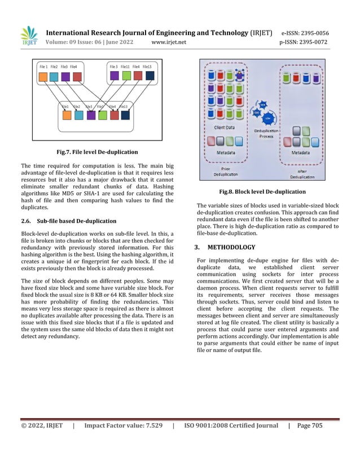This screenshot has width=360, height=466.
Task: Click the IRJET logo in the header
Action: (29, 36)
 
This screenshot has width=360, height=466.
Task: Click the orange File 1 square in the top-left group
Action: (43, 76)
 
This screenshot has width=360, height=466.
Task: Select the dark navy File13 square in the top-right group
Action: (150, 76)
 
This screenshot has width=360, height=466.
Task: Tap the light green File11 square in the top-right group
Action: (126, 76)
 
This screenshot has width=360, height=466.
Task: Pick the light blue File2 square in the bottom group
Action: (78, 115)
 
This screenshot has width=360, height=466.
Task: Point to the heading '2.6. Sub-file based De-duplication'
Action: (68, 221)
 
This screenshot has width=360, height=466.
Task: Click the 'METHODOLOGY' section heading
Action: (231, 247)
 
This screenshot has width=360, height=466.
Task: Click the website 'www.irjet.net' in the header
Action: (169, 41)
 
